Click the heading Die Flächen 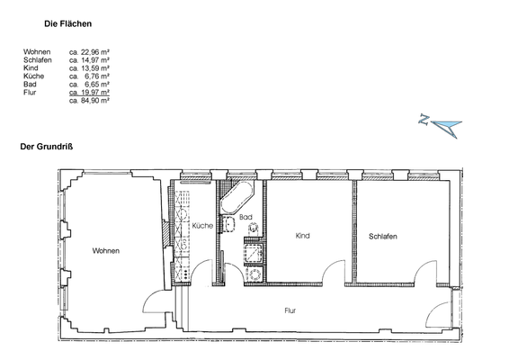pos(69,27)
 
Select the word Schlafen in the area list pos(37,60)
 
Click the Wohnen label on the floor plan pos(104,251)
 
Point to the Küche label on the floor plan pos(202,226)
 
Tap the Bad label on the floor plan pos(244,217)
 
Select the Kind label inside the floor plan pos(302,236)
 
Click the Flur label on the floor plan pos(290,310)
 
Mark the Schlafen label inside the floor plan pos(382,236)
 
